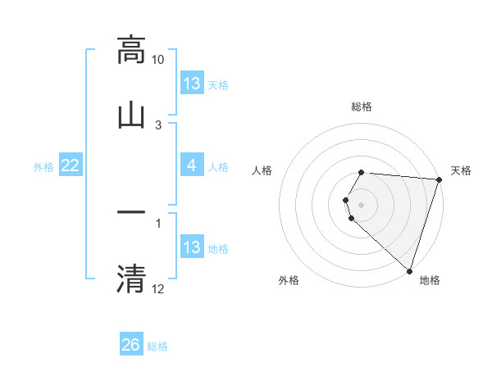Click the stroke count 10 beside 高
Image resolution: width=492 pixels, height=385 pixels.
pos(158,61)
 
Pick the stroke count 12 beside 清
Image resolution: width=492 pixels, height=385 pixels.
pos(158,288)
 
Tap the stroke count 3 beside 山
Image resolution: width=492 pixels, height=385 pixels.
pos(158,125)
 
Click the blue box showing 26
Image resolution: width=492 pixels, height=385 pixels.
pos(131,345)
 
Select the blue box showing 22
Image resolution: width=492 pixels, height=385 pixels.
pos(71,166)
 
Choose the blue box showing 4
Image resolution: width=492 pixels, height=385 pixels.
pos(192,166)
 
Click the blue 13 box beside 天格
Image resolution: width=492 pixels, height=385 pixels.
pos(192,84)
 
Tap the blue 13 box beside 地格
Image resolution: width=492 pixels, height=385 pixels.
pos(192,247)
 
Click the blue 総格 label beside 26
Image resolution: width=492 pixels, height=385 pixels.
pos(157,346)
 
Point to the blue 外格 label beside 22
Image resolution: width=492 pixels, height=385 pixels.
pos(43,167)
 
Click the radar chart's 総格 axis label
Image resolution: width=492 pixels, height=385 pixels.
pos(362,106)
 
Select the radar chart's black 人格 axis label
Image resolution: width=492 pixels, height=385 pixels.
pos(262,170)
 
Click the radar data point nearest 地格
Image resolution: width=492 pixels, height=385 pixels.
pos(409,270)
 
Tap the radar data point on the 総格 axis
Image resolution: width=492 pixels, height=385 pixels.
pos(362,173)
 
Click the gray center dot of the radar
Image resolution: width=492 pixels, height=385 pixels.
pos(362,204)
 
